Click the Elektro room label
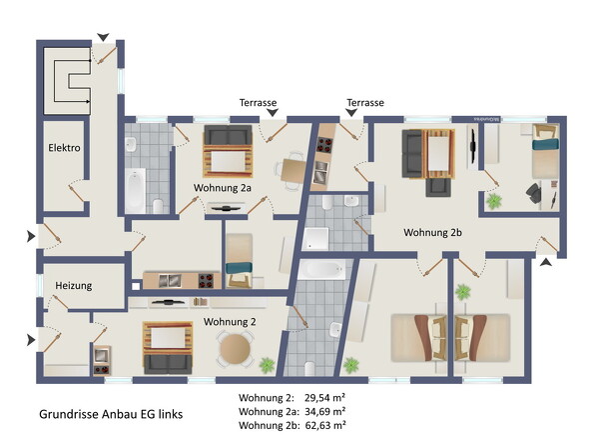point(64,148)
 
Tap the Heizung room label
point(74,286)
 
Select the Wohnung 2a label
point(223,188)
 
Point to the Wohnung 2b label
point(432,233)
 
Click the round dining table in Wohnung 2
point(235,349)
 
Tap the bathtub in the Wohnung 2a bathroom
point(135,190)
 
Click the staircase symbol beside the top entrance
point(68,81)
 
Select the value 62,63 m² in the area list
point(325,425)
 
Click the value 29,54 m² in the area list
point(325,397)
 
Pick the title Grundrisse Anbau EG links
point(111,414)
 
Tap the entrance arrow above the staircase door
point(103,37)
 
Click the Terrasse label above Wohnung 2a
point(259,102)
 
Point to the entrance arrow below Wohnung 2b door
point(546,262)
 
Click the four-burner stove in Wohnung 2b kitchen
point(324,145)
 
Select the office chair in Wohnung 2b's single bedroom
point(533,192)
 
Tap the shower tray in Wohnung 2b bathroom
point(315,238)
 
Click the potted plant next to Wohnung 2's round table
point(268,365)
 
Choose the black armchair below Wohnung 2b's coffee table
point(438,187)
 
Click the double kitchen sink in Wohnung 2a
point(170,280)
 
